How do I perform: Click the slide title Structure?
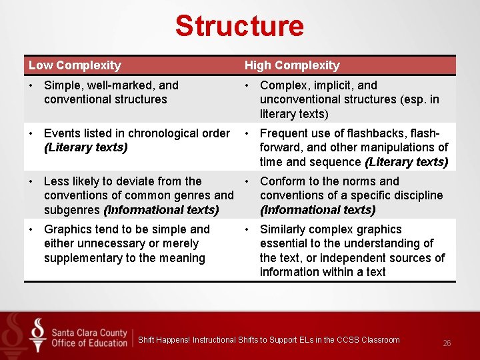[239, 26]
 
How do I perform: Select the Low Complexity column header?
[75, 65]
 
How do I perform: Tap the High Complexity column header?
[292, 65]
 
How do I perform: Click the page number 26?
[447, 343]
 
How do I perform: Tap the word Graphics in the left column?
[68, 229]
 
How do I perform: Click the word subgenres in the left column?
[72, 210]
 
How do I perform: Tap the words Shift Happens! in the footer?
[163, 340]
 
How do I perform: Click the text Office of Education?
[89, 343]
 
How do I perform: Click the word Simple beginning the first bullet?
[61, 85]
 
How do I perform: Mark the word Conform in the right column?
[282, 181]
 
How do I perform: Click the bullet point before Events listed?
[32, 133]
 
